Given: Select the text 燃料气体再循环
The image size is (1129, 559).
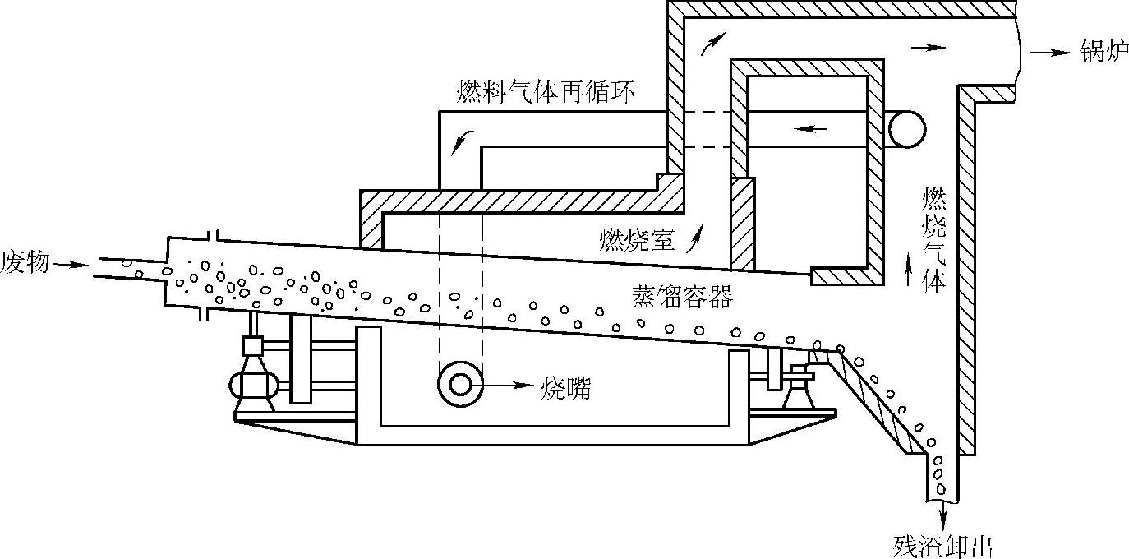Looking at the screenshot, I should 545,91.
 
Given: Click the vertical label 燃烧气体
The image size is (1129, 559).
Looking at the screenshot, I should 933,238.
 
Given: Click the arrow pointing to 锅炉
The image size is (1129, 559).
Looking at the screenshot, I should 1049,52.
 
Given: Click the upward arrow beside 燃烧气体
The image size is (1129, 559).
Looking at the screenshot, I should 908,270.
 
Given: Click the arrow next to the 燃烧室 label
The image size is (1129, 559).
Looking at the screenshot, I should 698,237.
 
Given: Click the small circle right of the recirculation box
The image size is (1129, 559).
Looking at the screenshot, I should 906,129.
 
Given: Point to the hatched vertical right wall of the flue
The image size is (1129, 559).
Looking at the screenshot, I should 968,271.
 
